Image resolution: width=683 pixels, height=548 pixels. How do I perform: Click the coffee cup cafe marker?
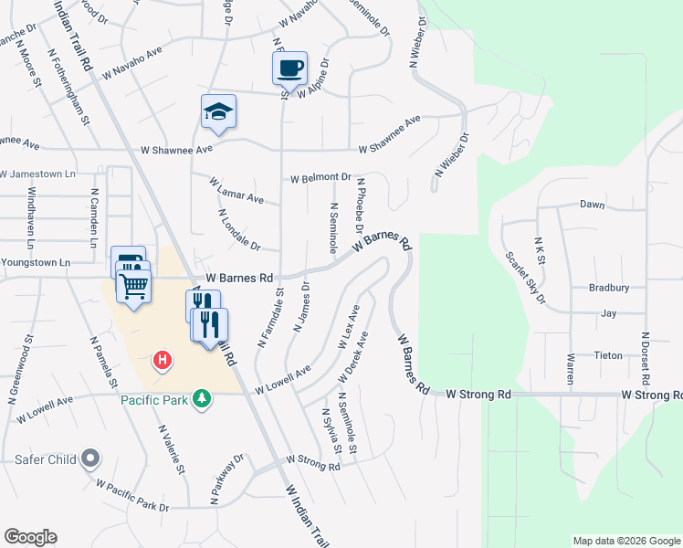[x=289, y=68]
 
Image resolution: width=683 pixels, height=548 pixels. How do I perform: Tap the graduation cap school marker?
[x=218, y=112]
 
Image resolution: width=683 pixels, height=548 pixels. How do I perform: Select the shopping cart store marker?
[x=134, y=287]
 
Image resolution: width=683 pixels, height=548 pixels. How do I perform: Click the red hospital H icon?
[x=162, y=361]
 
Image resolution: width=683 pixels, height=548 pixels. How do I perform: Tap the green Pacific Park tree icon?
[x=206, y=399]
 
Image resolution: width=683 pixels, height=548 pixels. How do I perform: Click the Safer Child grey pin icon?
[x=90, y=458]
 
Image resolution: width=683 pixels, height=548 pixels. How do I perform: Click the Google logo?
[x=31, y=537]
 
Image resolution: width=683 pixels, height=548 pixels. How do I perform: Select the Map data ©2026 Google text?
[x=625, y=541]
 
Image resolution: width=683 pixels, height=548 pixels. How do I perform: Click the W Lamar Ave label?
[x=236, y=192]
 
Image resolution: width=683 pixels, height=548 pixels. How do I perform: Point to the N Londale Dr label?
[x=240, y=230]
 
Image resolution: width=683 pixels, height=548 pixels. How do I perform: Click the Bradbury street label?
[x=609, y=288]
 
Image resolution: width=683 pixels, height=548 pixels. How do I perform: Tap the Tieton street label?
[x=609, y=355]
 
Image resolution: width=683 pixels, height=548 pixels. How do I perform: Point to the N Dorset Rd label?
[x=645, y=357]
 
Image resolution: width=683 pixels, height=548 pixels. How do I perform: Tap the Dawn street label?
[x=592, y=205]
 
